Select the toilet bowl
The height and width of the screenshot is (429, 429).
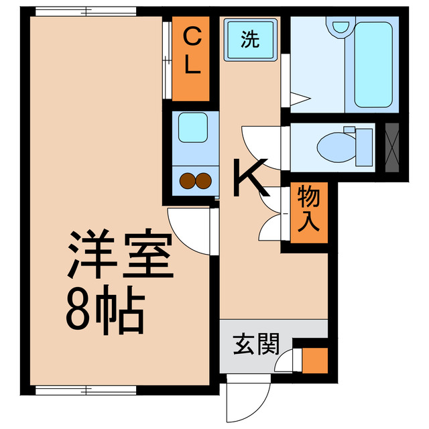334,145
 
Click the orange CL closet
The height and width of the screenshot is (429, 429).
191,52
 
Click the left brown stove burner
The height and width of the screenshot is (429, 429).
187,180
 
